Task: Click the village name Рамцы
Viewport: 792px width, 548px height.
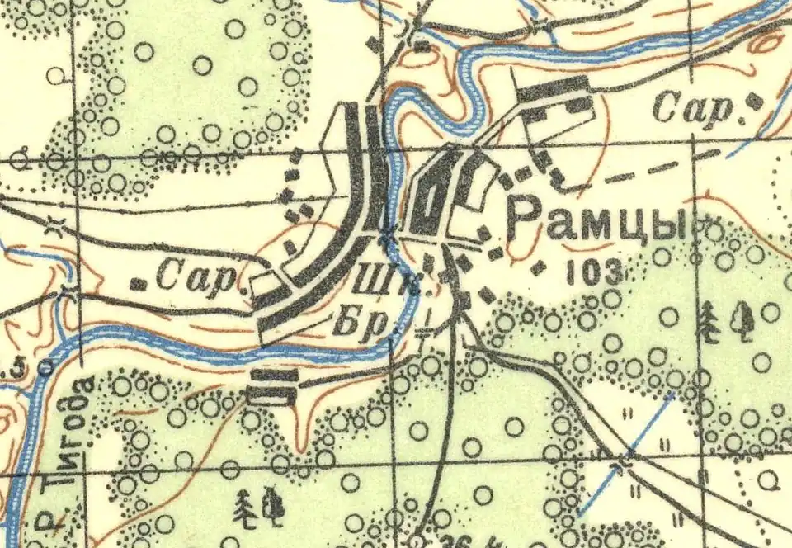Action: point(597,221)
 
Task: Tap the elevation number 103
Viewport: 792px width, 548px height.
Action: point(593,274)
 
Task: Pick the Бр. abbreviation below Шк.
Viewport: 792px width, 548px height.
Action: point(361,322)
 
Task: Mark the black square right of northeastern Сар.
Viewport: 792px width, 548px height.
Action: point(754,101)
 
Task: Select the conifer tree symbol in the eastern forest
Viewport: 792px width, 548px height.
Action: point(707,322)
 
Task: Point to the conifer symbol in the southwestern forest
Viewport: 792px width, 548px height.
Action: point(245,509)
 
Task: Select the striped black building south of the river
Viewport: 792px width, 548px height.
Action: point(272,386)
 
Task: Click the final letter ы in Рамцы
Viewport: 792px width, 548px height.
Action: point(676,223)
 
